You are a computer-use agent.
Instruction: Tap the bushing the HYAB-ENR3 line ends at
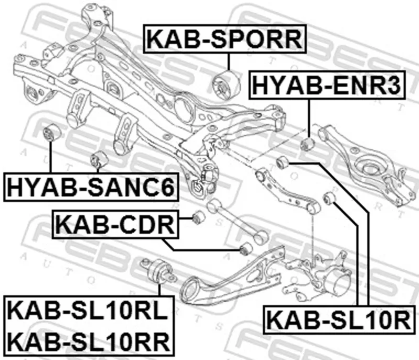click(x=307, y=143)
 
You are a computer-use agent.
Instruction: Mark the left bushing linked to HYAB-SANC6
click(x=52, y=133)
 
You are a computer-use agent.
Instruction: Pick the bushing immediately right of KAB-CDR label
click(x=198, y=217)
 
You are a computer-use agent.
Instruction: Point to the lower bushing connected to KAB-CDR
click(x=244, y=249)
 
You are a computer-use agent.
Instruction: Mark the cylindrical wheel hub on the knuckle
click(x=335, y=285)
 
